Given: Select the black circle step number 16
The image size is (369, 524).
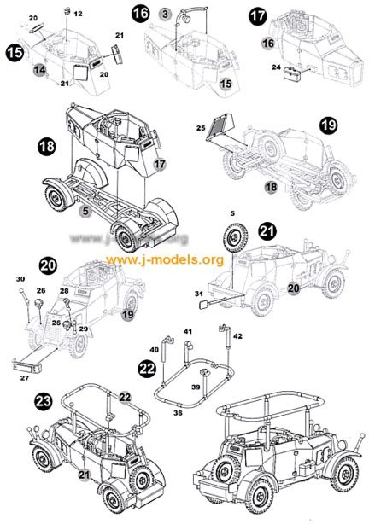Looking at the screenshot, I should click(x=140, y=12).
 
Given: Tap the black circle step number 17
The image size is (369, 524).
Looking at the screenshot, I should click(x=258, y=15).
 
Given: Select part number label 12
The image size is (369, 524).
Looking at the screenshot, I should click(x=78, y=15).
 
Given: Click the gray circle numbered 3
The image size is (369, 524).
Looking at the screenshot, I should click(x=165, y=14).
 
